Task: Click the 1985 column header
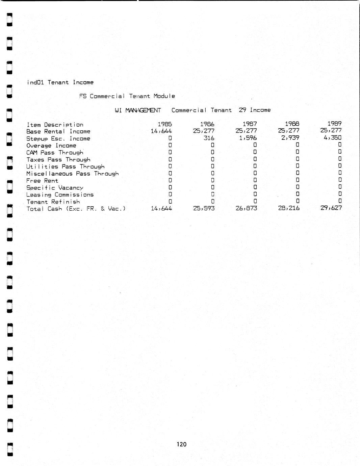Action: [165, 124]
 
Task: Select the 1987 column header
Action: [250, 124]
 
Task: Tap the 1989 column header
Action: [334, 124]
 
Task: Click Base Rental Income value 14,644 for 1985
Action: [161, 131]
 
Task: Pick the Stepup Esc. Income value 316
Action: [209, 138]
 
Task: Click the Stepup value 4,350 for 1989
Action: [332, 137]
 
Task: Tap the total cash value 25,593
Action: [204, 208]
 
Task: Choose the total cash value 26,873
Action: [246, 208]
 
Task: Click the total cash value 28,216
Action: [288, 208]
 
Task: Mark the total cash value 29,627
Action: [331, 208]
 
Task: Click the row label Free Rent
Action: [42, 181]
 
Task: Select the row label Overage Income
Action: [51, 146]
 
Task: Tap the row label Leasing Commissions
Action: [60, 195]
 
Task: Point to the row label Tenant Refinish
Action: [53, 202]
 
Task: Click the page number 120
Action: [181, 444]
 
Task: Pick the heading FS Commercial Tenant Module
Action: [127, 96]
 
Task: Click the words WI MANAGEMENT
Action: [138, 110]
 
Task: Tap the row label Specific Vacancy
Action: [55, 188]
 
